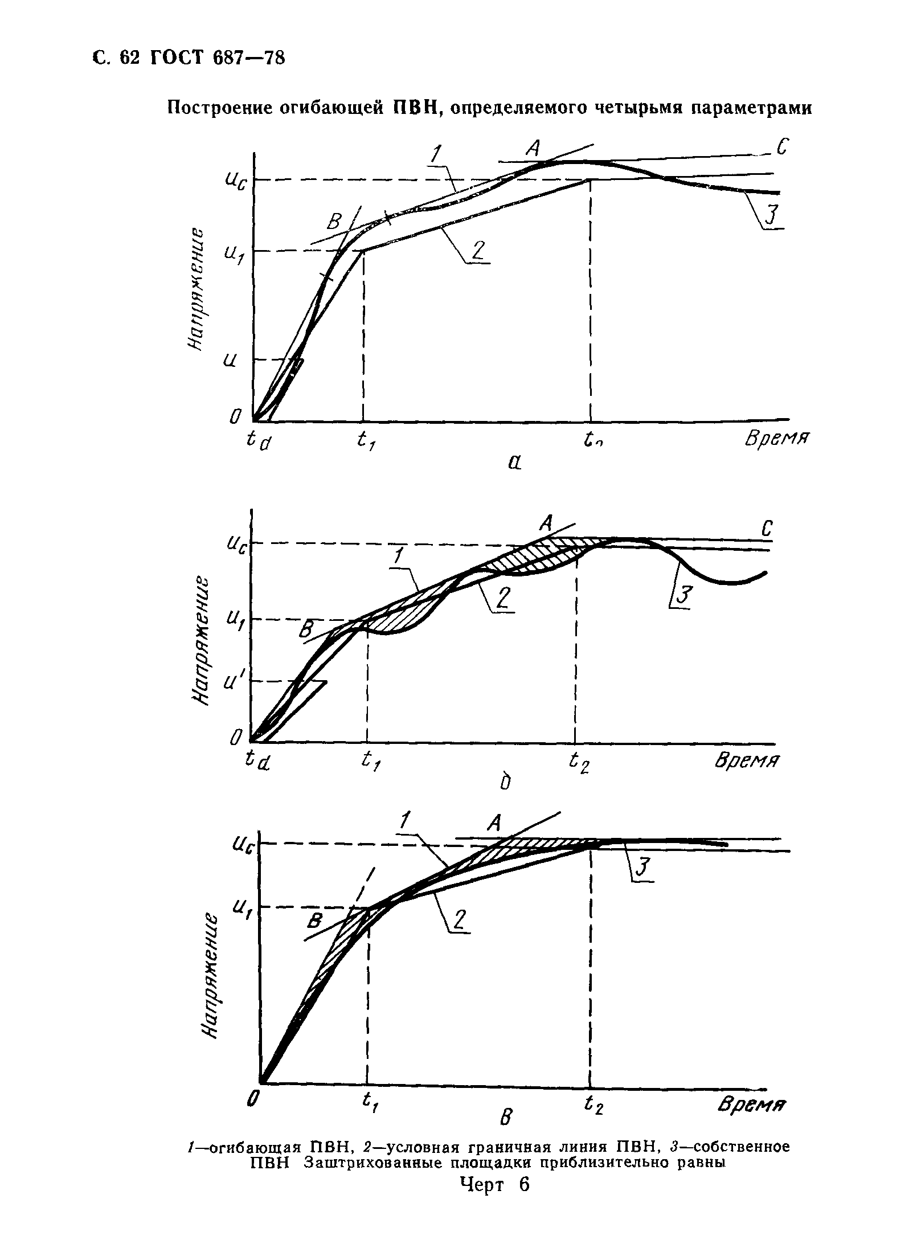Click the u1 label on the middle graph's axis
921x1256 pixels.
[233, 619]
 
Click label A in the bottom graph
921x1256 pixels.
[494, 822]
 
